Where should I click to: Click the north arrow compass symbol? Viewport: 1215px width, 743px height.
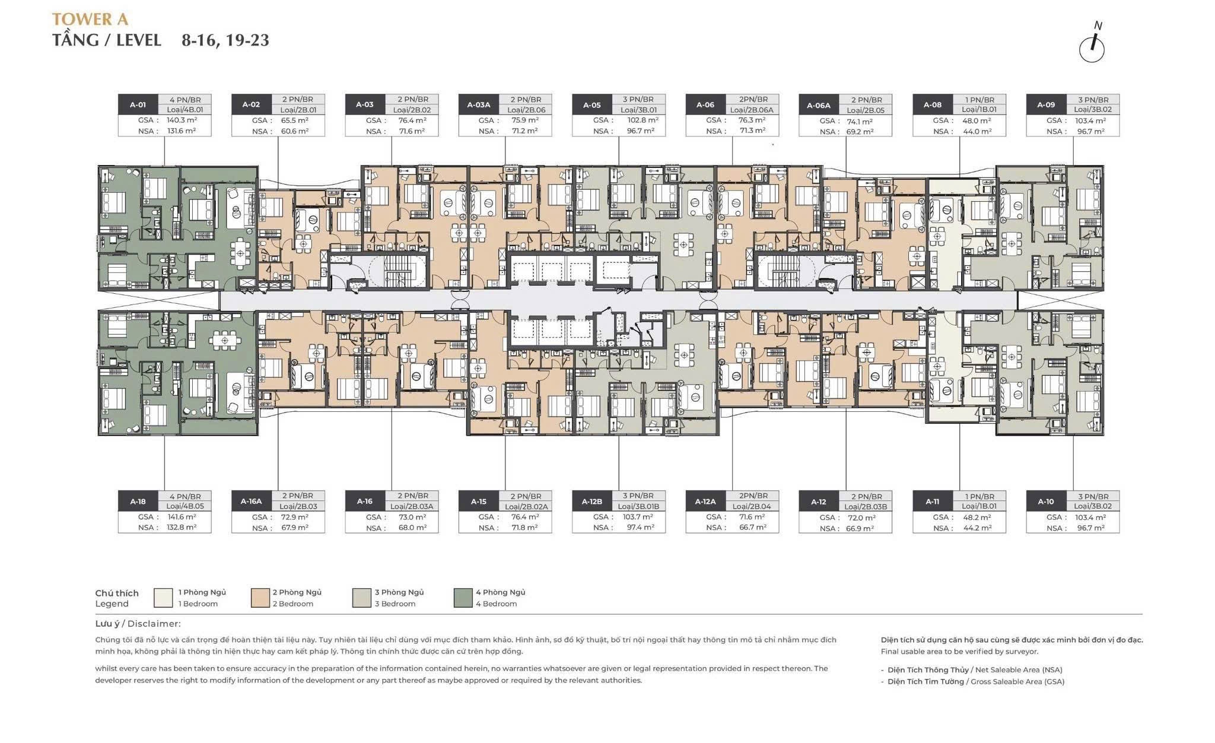tap(1092, 47)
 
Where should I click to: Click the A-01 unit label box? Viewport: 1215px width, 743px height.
tap(138, 104)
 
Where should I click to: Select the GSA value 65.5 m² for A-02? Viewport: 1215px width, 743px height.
tap(295, 120)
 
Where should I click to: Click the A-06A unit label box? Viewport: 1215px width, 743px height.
tap(819, 105)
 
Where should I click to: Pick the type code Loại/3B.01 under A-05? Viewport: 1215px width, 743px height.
tap(638, 110)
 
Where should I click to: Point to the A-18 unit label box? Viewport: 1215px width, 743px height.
tap(138, 501)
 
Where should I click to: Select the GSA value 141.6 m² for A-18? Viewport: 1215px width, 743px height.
tap(182, 517)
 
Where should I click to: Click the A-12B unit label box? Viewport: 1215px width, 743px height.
tap(591, 501)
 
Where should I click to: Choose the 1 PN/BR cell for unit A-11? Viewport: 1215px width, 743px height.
tap(979, 496)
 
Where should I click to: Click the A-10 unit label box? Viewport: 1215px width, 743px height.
tap(1046, 501)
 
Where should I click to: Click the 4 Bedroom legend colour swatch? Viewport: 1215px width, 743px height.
tap(463, 598)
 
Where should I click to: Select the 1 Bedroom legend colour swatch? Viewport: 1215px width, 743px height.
tap(163, 598)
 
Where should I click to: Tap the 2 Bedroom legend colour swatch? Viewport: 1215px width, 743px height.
tap(260, 598)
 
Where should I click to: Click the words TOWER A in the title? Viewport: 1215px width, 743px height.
tap(90, 19)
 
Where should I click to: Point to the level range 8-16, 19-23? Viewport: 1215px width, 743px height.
tap(225, 40)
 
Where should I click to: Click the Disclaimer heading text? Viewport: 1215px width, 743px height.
tap(138, 624)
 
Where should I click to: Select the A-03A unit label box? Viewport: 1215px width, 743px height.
tap(478, 104)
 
